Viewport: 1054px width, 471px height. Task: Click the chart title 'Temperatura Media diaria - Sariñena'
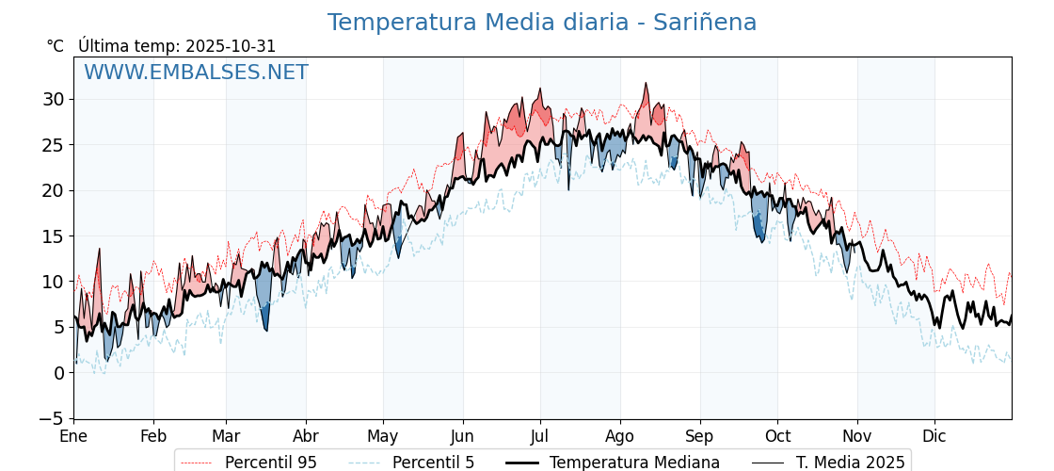tap(541, 23)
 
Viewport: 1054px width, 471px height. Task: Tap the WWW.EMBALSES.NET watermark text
tap(196, 73)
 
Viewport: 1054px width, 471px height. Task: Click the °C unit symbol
tap(55, 46)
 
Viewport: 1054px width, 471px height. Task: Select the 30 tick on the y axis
tap(53, 99)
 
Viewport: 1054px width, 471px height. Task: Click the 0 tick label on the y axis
tap(58, 373)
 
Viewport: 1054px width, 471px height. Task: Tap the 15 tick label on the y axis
tap(53, 235)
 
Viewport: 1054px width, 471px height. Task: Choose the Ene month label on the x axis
tap(73, 437)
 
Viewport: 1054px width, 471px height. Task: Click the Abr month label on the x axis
tap(306, 437)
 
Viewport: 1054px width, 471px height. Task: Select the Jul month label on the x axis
tap(540, 437)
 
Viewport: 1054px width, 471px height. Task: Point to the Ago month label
tap(620, 437)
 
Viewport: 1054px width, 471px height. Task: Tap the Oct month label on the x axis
tap(777, 437)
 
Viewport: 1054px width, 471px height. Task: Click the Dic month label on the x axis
tap(934, 437)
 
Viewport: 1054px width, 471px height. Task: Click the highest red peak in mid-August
tap(646, 84)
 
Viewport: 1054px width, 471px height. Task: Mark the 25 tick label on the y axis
tap(53, 144)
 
